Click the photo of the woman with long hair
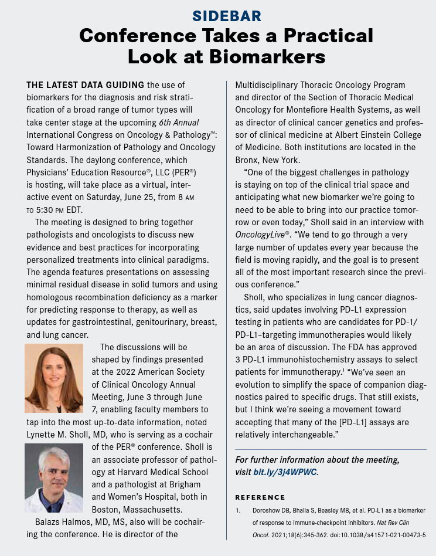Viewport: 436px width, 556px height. (x=54, y=378)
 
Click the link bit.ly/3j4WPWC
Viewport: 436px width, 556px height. (x=285, y=472)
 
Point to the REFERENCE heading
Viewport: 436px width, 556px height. (x=260, y=497)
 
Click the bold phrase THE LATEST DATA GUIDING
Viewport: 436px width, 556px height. (x=86, y=85)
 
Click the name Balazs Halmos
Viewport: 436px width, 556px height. (x=69, y=521)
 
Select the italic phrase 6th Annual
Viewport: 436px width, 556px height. (x=179, y=122)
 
